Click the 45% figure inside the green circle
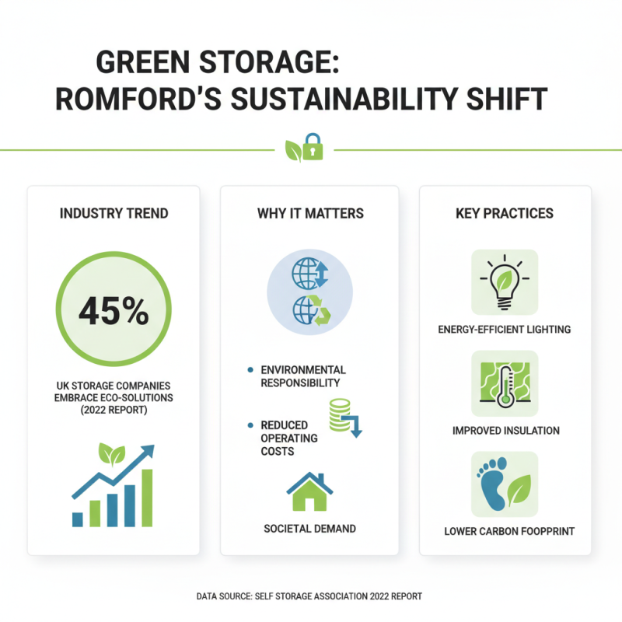(x=114, y=311)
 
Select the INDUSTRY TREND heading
(x=114, y=213)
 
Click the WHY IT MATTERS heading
(x=310, y=213)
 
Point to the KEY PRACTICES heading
(x=505, y=213)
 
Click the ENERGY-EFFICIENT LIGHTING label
(x=505, y=329)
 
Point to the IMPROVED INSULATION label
(x=505, y=430)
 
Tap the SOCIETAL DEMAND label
(x=309, y=529)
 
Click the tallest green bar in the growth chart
(x=145, y=498)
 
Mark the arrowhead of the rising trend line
(x=148, y=452)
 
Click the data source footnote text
(x=310, y=596)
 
